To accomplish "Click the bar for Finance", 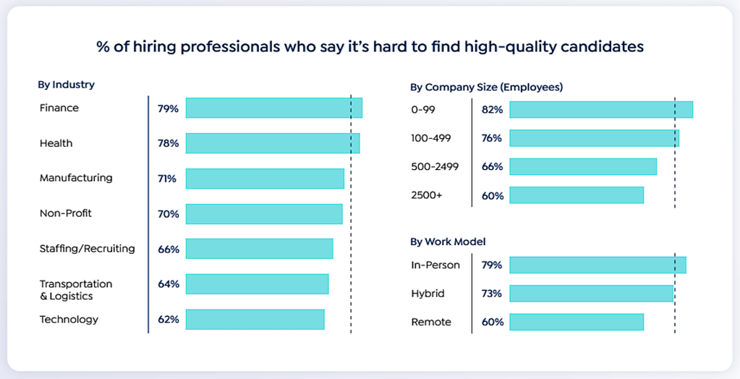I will (x=273, y=108).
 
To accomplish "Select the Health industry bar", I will (x=272, y=143).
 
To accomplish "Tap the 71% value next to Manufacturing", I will (x=167, y=179).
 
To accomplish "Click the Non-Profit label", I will (x=66, y=213).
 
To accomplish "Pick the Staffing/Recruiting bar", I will (x=259, y=249).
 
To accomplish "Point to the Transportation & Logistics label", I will (x=76, y=289).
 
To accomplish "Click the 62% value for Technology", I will (x=169, y=319).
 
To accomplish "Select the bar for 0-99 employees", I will (x=600, y=109).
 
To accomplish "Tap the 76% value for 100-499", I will (x=492, y=138).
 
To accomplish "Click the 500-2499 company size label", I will (x=434, y=166).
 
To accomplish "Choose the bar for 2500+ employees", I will (x=576, y=195).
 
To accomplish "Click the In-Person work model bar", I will (x=597, y=265).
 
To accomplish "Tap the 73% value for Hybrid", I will (x=492, y=294).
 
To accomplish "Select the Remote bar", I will (x=576, y=322).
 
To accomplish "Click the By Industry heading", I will (x=66, y=85).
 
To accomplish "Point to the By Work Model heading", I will (x=448, y=242).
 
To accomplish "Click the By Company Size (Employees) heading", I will (x=486, y=88).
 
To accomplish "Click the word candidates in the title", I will (x=597, y=47).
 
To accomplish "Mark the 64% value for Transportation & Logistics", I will (x=169, y=284).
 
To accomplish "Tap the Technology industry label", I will (x=69, y=319).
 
